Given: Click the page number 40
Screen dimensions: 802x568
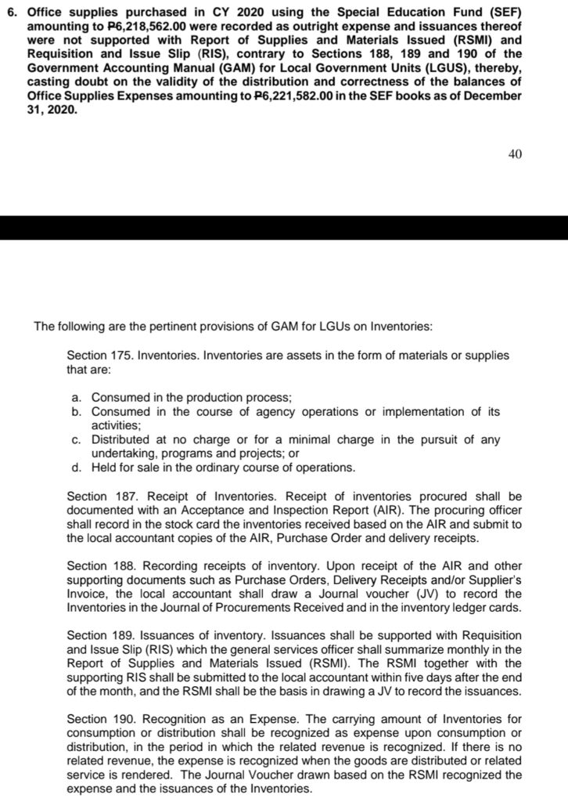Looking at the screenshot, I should click(x=514, y=154).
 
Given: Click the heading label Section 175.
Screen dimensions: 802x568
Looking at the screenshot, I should click(x=99, y=356).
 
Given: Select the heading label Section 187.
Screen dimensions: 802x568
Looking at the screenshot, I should click(x=99, y=497).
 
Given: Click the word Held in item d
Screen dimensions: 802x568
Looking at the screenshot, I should click(x=105, y=468).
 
